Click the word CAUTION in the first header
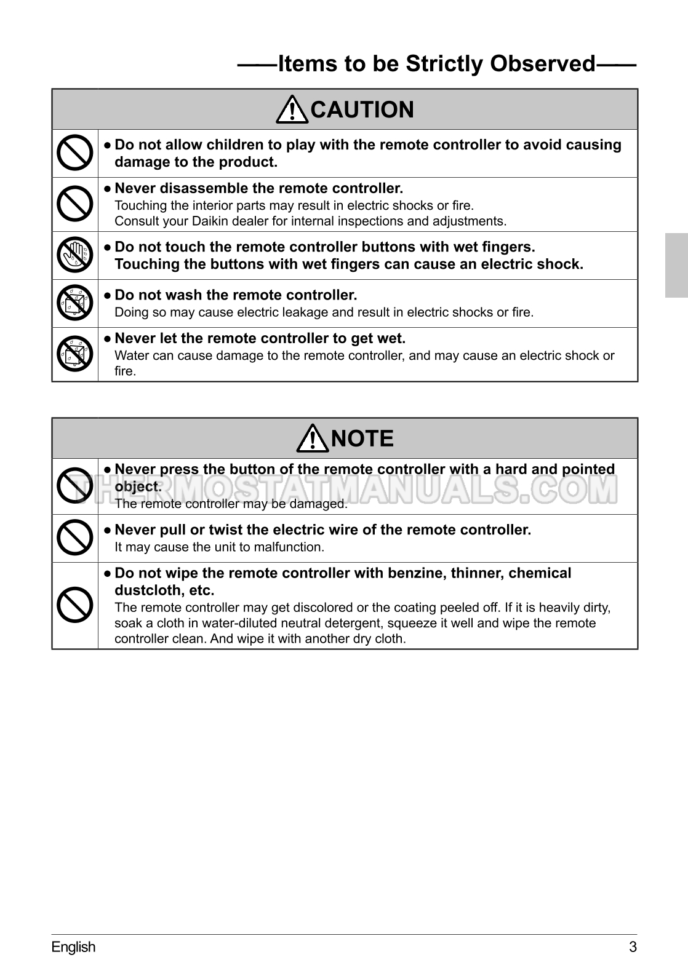pos(362,110)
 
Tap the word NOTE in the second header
pos(362,439)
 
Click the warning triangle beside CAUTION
pos(292,109)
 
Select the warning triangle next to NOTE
pos(313,438)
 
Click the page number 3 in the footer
pos(633,946)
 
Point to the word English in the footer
pos(73,946)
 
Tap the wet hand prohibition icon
pos(74,255)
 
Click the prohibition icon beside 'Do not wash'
pos(74,303)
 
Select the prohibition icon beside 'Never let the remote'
pos(74,354)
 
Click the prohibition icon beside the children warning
pos(74,153)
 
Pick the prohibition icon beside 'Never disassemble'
pos(74,204)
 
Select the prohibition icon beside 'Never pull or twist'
pos(74,538)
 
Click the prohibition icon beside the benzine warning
pos(74,605)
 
